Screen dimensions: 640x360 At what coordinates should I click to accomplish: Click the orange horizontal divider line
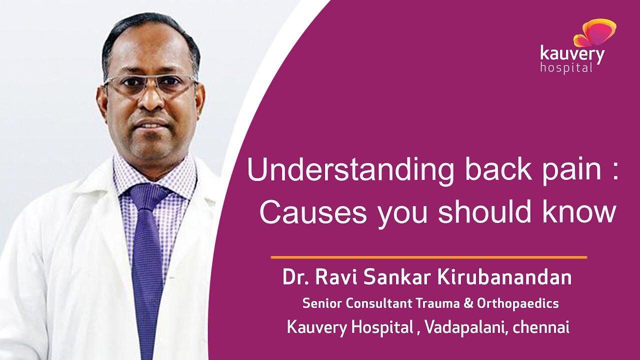(429, 257)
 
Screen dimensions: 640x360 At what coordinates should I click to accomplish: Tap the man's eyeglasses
(151, 84)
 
